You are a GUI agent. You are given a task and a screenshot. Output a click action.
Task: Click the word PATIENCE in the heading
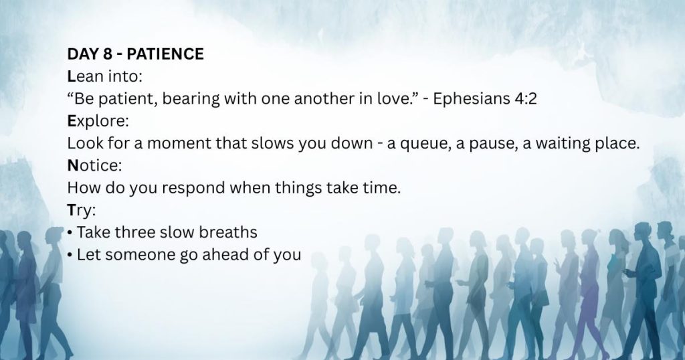pos(165,54)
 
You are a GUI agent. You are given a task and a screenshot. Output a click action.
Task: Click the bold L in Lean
pos(71,76)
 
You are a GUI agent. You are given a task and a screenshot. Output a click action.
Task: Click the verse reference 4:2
pos(526,99)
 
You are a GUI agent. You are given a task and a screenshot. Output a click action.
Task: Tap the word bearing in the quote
pos(191,100)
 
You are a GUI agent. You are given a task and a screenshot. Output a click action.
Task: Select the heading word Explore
pos(98,122)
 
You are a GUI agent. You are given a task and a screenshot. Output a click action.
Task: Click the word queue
pos(425,144)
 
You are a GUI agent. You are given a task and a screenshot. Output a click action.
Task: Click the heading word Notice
pos(94,165)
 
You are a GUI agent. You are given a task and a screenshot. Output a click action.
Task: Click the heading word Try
pos(81,211)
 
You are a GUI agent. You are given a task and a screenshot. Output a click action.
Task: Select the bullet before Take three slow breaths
pos(70,233)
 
